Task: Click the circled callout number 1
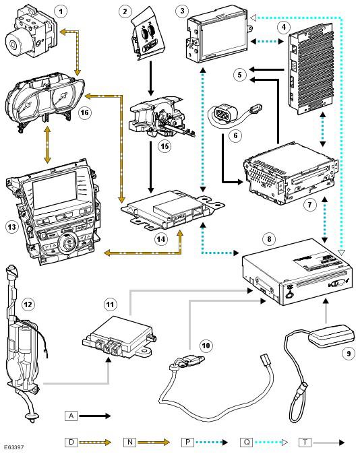tap(61, 11)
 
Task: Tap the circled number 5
tap(240, 75)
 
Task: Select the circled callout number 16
tap(85, 112)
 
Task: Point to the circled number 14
tap(161, 239)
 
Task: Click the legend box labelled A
tap(71, 416)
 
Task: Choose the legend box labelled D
tap(71, 442)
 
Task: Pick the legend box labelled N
tap(129, 442)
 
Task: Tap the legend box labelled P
tap(188, 442)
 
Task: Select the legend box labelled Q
tap(247, 442)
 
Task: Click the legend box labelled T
tap(305, 442)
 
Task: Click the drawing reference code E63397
tap(14, 448)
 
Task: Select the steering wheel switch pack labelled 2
tap(147, 37)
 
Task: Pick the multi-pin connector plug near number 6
tap(225, 113)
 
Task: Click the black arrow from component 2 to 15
tap(151, 78)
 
